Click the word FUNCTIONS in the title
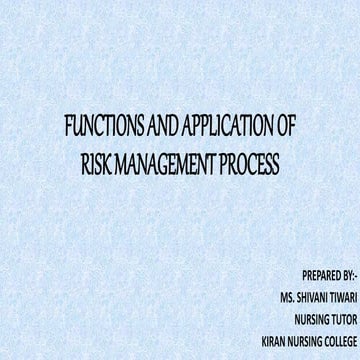click(x=100, y=129)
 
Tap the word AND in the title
click(x=154, y=129)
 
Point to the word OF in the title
click(x=285, y=129)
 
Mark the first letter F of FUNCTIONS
click(x=66, y=129)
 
